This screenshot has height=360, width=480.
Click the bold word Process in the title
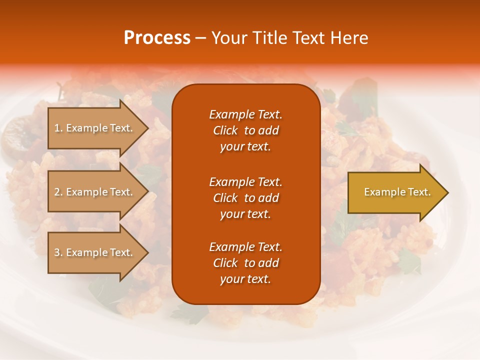tap(157, 38)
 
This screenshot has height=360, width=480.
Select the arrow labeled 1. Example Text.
tap(95, 128)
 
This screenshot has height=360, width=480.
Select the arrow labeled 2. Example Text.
tap(95, 192)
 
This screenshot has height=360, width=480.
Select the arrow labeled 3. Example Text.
tap(95, 252)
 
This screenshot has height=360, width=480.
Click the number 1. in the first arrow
tap(58, 128)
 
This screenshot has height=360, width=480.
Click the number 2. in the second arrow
tap(58, 192)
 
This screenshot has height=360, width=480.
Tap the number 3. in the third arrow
tap(58, 252)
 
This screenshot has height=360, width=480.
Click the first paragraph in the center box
tap(245, 130)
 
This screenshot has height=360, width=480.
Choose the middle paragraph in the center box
tap(245, 198)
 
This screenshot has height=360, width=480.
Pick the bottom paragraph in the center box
tap(245, 263)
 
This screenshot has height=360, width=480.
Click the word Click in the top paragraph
tap(225, 130)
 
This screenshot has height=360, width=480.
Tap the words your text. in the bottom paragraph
tap(245, 279)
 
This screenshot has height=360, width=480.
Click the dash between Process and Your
tap(200, 38)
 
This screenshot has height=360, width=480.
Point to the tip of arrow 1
tap(147, 128)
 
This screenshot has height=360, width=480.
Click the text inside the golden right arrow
tap(397, 192)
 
